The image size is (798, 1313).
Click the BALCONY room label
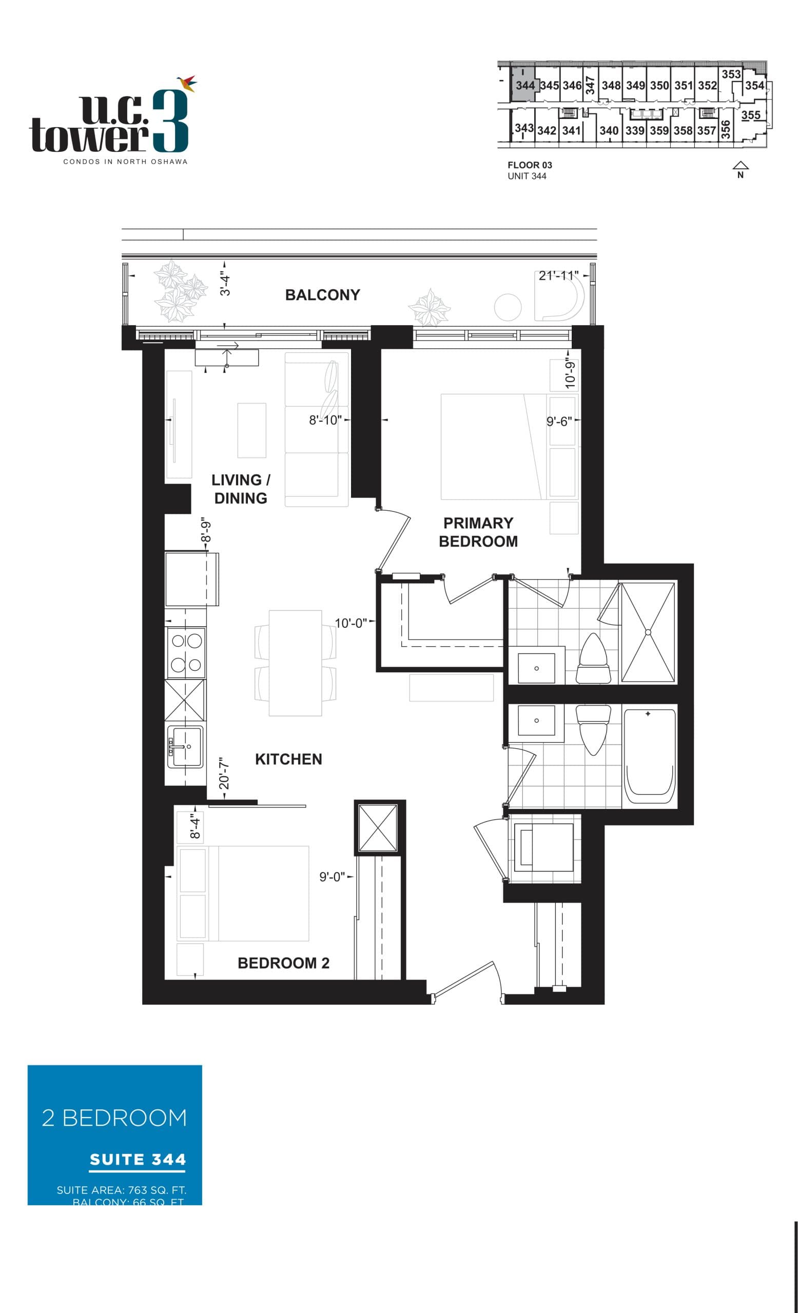(x=322, y=295)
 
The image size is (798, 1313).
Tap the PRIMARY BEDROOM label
(x=478, y=532)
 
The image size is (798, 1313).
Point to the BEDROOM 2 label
(x=283, y=962)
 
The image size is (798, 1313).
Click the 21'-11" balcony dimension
(x=558, y=275)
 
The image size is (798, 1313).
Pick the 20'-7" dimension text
(x=224, y=773)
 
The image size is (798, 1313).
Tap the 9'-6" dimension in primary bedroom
(x=559, y=421)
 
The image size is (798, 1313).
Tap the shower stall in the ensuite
(x=648, y=632)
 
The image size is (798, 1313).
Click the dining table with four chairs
(x=295, y=663)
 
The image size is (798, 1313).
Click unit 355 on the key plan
(x=750, y=115)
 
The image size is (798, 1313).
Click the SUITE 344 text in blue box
(x=138, y=1160)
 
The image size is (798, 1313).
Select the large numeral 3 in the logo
(x=170, y=122)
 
